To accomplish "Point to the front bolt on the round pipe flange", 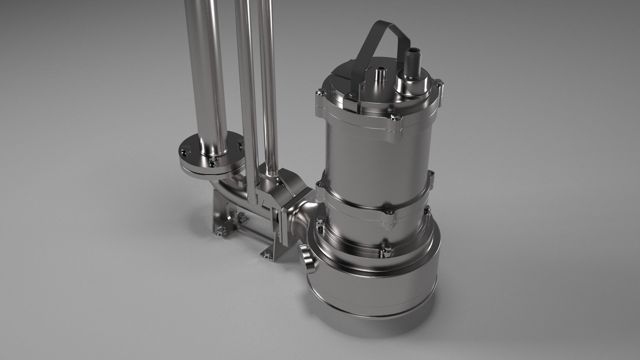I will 213,163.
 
